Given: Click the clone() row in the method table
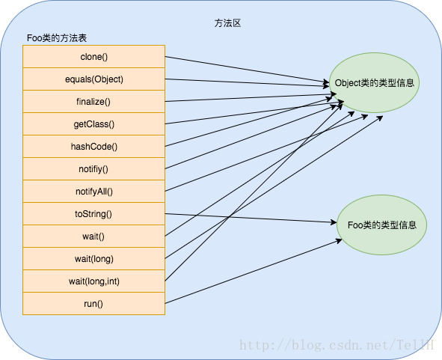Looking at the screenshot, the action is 94,56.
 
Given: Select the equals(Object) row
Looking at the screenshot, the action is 94,79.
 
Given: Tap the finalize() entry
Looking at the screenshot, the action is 94,102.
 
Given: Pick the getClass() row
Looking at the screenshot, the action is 94,123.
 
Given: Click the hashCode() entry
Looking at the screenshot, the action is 94,147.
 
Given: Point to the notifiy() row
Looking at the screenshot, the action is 94,168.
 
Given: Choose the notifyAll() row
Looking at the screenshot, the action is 94,192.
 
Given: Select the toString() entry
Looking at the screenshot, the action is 94,213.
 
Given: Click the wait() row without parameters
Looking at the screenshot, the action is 94,237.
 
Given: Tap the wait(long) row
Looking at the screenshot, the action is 94,259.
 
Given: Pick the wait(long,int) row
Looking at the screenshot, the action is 94,281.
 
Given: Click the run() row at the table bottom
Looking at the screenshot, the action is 94,304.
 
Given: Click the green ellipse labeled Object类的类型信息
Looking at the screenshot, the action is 374,82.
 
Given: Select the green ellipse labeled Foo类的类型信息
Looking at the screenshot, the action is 381,225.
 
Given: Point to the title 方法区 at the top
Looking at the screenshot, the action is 227,23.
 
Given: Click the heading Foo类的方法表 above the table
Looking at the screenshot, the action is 57,38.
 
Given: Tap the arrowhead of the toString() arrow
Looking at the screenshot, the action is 334,222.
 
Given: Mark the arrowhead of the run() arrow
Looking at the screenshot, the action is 339,241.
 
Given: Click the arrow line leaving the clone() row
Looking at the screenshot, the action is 247,70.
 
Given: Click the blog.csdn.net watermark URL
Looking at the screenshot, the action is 337,345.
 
